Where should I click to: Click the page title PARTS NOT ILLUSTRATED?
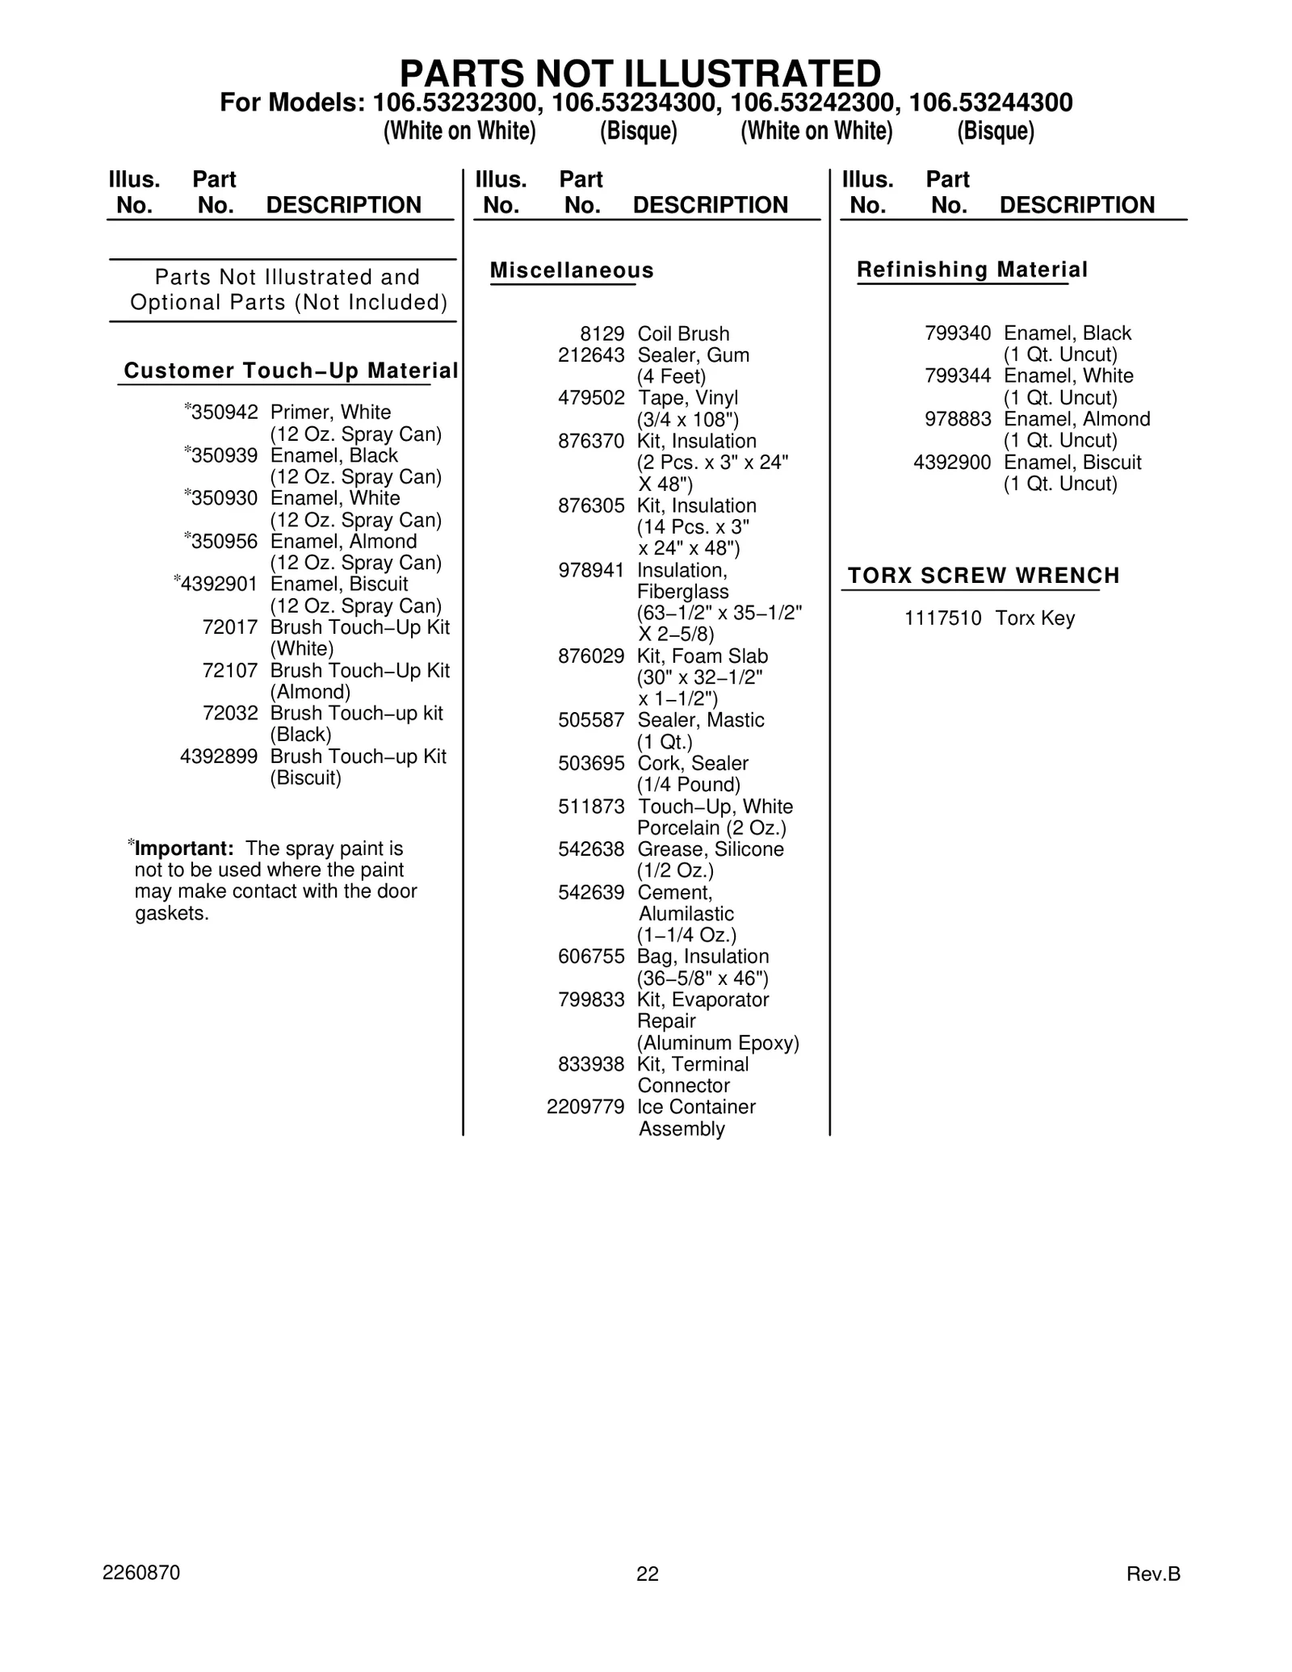(x=640, y=74)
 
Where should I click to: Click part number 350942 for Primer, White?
(x=224, y=413)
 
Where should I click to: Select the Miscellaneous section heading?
(x=572, y=270)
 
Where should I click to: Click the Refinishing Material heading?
(x=972, y=270)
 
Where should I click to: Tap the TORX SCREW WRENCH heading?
(x=984, y=576)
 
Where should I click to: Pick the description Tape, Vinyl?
(x=688, y=398)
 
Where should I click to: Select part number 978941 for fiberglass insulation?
(x=591, y=571)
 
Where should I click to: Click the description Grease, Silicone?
(x=711, y=849)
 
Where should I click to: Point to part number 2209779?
(x=585, y=1107)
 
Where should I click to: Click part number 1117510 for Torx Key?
(x=942, y=618)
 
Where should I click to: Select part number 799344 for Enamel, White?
(x=958, y=376)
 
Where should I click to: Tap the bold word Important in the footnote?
(x=184, y=849)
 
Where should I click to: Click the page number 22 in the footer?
(x=648, y=1574)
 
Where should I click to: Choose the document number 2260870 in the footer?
(x=141, y=1573)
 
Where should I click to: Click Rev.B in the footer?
(x=1153, y=1574)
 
